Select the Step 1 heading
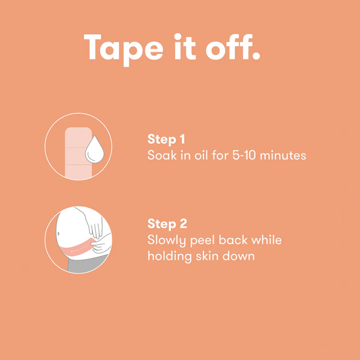(166, 139)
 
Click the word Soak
(160, 155)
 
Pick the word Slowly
(167, 241)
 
